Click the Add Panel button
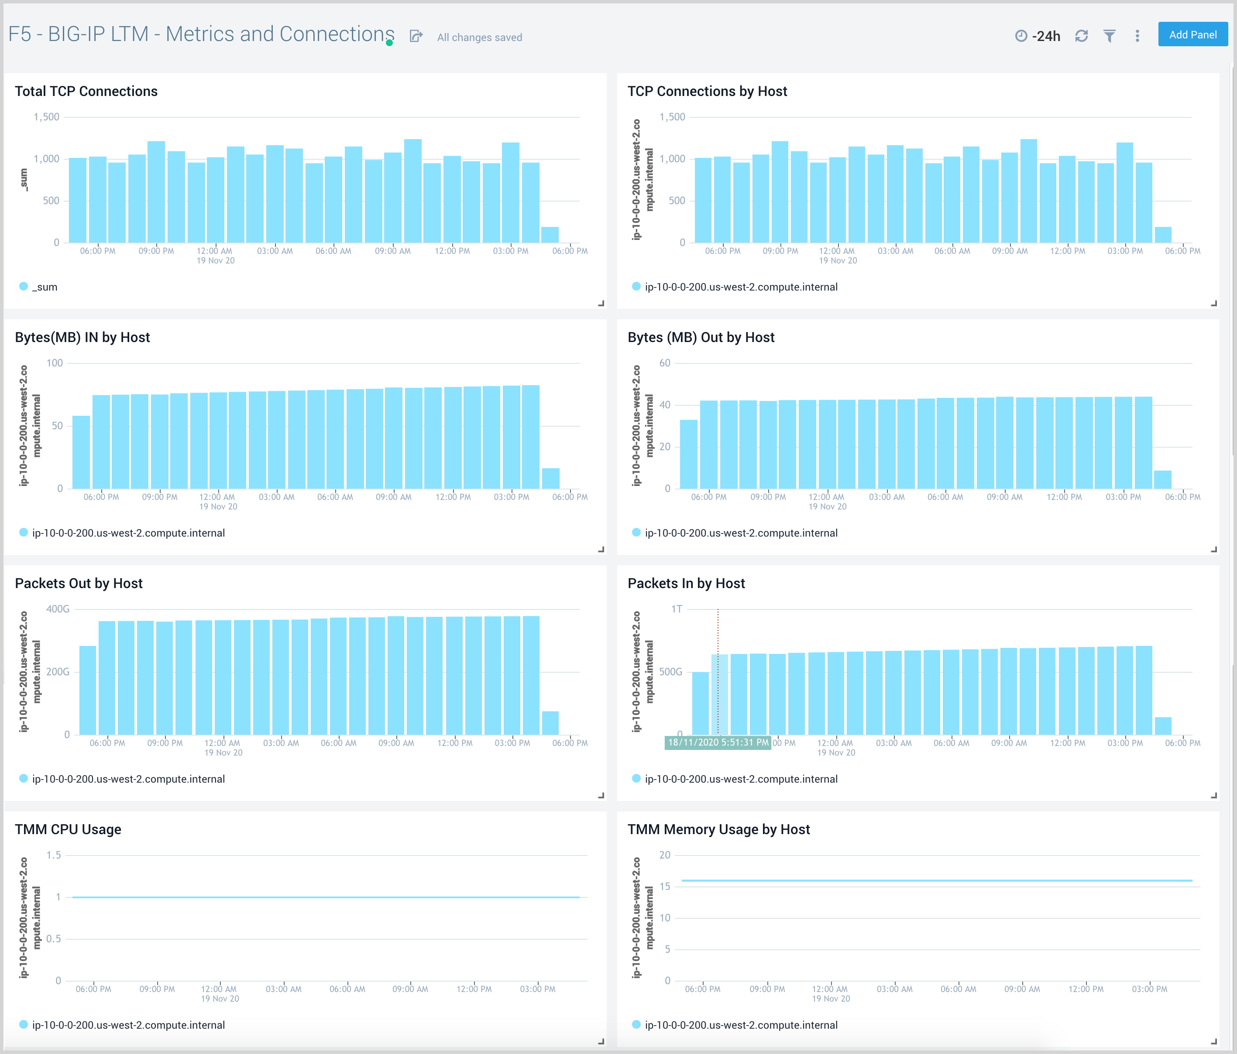click(x=1192, y=34)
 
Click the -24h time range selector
click(x=1038, y=36)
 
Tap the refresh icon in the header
click(x=1081, y=36)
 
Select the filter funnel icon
click(x=1109, y=36)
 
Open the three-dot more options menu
click(x=1137, y=36)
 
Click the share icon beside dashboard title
click(x=416, y=36)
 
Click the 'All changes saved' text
click(x=479, y=37)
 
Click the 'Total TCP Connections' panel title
click(x=86, y=91)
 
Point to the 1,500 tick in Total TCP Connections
click(x=47, y=117)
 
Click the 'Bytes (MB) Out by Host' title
click(x=701, y=337)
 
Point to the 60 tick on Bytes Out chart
click(x=664, y=363)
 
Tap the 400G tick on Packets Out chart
click(x=58, y=609)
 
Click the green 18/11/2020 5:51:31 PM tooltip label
click(x=718, y=743)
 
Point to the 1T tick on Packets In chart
click(x=677, y=609)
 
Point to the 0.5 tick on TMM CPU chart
click(x=54, y=939)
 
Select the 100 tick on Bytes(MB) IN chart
click(x=54, y=363)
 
